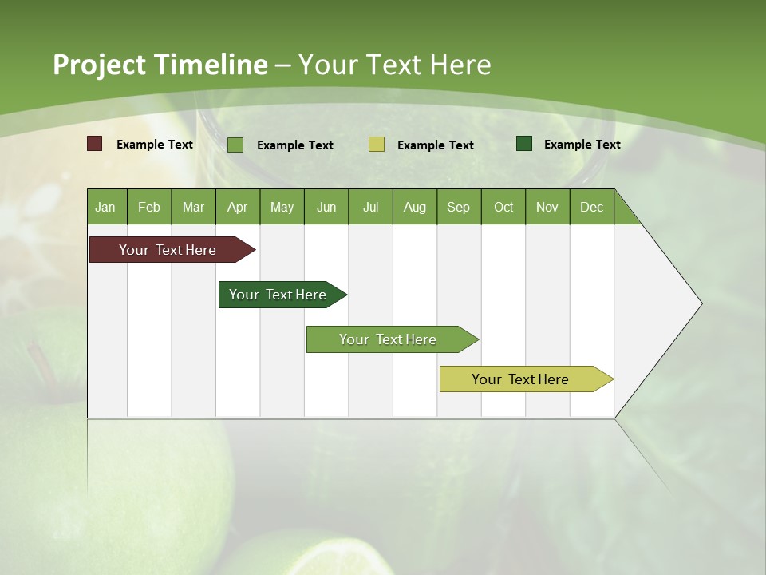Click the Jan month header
pos(106,207)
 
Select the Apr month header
pos(238,207)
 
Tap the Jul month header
pos(370,207)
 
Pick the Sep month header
pos(459,207)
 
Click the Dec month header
pos(591,207)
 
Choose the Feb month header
pos(149,207)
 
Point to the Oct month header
pos(503,207)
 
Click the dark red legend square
pos(95,144)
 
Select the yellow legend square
pos(377,145)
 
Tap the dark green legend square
pos(524,144)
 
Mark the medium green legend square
pos(235,145)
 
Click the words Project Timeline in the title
pos(160,65)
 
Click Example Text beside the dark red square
pos(155,145)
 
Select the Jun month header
pos(326,207)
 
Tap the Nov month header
pos(547,207)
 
